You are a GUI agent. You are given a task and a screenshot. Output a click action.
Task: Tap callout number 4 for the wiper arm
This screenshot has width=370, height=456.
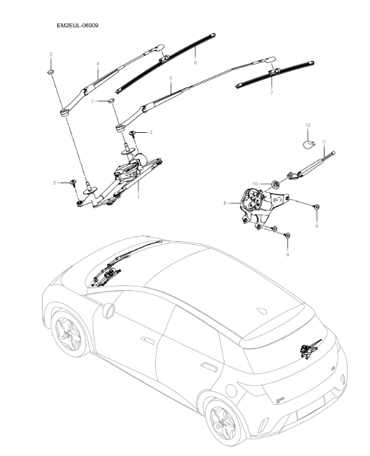click(97, 64)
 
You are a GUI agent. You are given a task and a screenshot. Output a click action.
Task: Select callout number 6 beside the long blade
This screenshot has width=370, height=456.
click(195, 63)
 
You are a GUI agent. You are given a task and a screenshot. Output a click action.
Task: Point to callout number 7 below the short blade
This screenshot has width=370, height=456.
click(271, 92)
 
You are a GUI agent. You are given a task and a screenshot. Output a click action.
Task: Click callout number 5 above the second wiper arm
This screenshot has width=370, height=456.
click(171, 80)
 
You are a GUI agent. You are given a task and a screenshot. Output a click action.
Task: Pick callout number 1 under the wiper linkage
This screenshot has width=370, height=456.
click(138, 197)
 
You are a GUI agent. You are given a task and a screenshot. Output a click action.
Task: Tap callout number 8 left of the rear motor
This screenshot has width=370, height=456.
click(225, 204)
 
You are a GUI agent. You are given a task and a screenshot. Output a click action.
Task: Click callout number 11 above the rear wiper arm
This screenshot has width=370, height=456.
click(324, 142)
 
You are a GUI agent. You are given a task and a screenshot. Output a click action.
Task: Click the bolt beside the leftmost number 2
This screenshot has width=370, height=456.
click(72, 183)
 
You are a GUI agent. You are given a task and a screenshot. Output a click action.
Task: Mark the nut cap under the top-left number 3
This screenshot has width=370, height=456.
click(51, 71)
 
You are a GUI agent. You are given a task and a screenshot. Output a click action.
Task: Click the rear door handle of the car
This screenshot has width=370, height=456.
click(207, 366)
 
